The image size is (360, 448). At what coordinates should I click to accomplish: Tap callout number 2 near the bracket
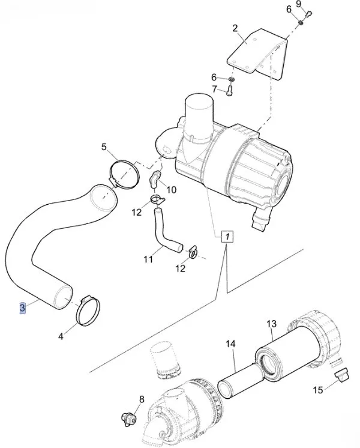pyautogui.click(x=235, y=28)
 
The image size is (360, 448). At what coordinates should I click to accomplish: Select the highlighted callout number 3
pyautogui.click(x=22, y=307)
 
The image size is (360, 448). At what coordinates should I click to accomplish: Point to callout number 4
pyautogui.click(x=61, y=336)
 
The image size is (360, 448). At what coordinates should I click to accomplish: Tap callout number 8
pyautogui.click(x=142, y=399)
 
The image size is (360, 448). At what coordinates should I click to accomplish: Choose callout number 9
pyautogui.click(x=298, y=4)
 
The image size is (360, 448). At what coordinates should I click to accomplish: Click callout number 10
pyautogui.click(x=171, y=190)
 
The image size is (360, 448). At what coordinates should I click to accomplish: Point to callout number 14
pyautogui.click(x=230, y=344)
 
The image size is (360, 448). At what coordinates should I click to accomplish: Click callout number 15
pyautogui.click(x=318, y=390)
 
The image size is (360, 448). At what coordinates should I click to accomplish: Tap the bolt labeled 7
pyautogui.click(x=229, y=91)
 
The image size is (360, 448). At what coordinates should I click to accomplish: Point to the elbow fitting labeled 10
pyautogui.click(x=155, y=179)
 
